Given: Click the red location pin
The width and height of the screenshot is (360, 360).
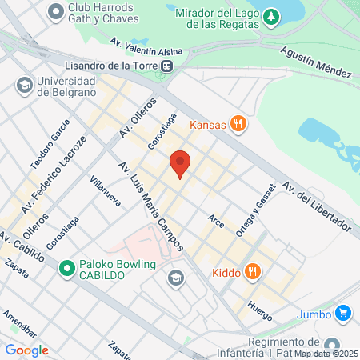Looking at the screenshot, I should (181, 164).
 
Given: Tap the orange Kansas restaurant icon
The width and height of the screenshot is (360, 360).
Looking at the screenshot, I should (237, 124).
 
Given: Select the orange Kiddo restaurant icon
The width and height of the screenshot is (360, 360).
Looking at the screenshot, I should (253, 272).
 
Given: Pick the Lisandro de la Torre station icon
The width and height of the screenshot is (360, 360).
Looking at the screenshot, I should (166, 66).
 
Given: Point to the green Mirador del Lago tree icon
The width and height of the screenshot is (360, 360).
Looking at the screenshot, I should (272, 16).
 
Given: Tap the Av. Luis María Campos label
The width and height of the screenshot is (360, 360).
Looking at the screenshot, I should (151, 206).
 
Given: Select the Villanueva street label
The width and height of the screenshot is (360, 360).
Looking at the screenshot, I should (105, 191).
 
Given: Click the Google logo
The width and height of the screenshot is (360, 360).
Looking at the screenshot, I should (26, 350).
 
